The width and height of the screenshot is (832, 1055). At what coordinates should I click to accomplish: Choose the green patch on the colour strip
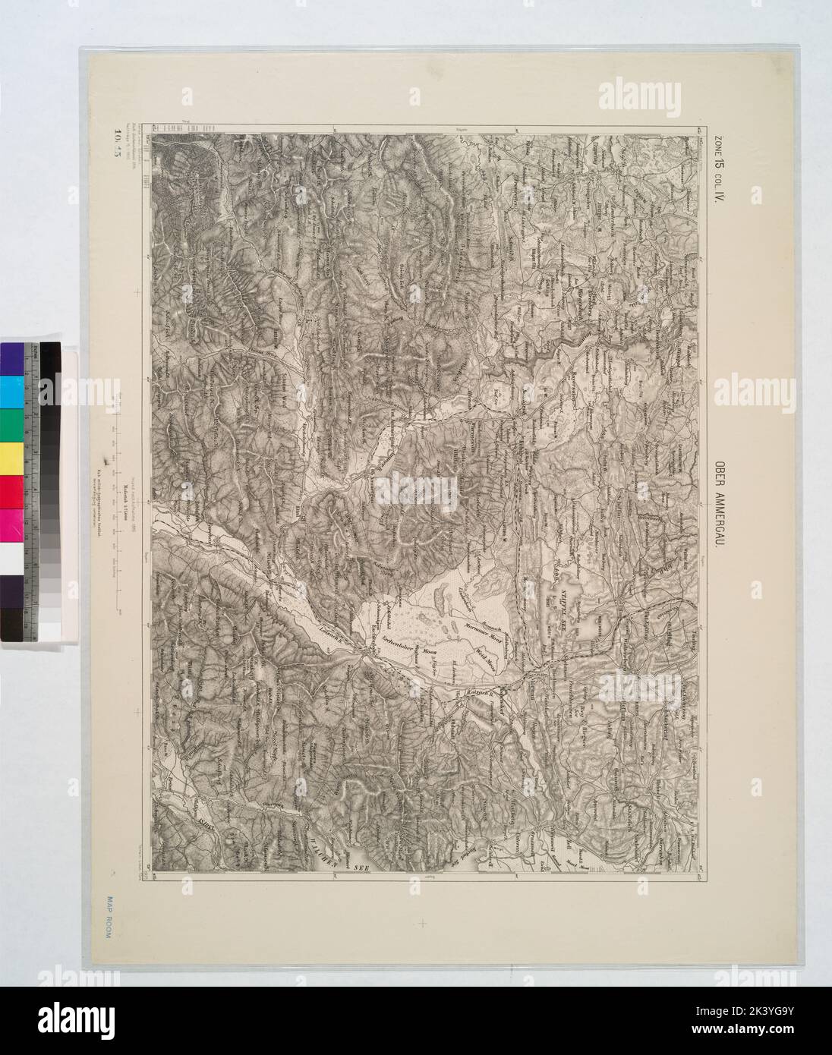click(x=13, y=424)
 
